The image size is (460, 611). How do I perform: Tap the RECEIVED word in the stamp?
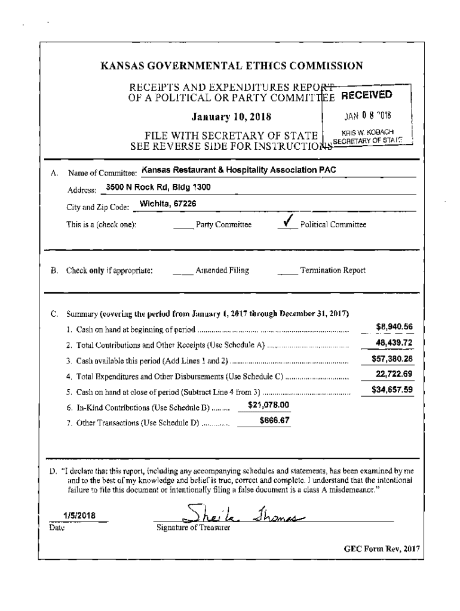pos(366,94)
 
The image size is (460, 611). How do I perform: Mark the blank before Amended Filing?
pos(183,271)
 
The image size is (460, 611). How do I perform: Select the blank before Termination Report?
pos(287,271)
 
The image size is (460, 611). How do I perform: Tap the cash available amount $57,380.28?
pos(392,359)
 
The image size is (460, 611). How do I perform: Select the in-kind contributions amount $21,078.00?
pos(268,405)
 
